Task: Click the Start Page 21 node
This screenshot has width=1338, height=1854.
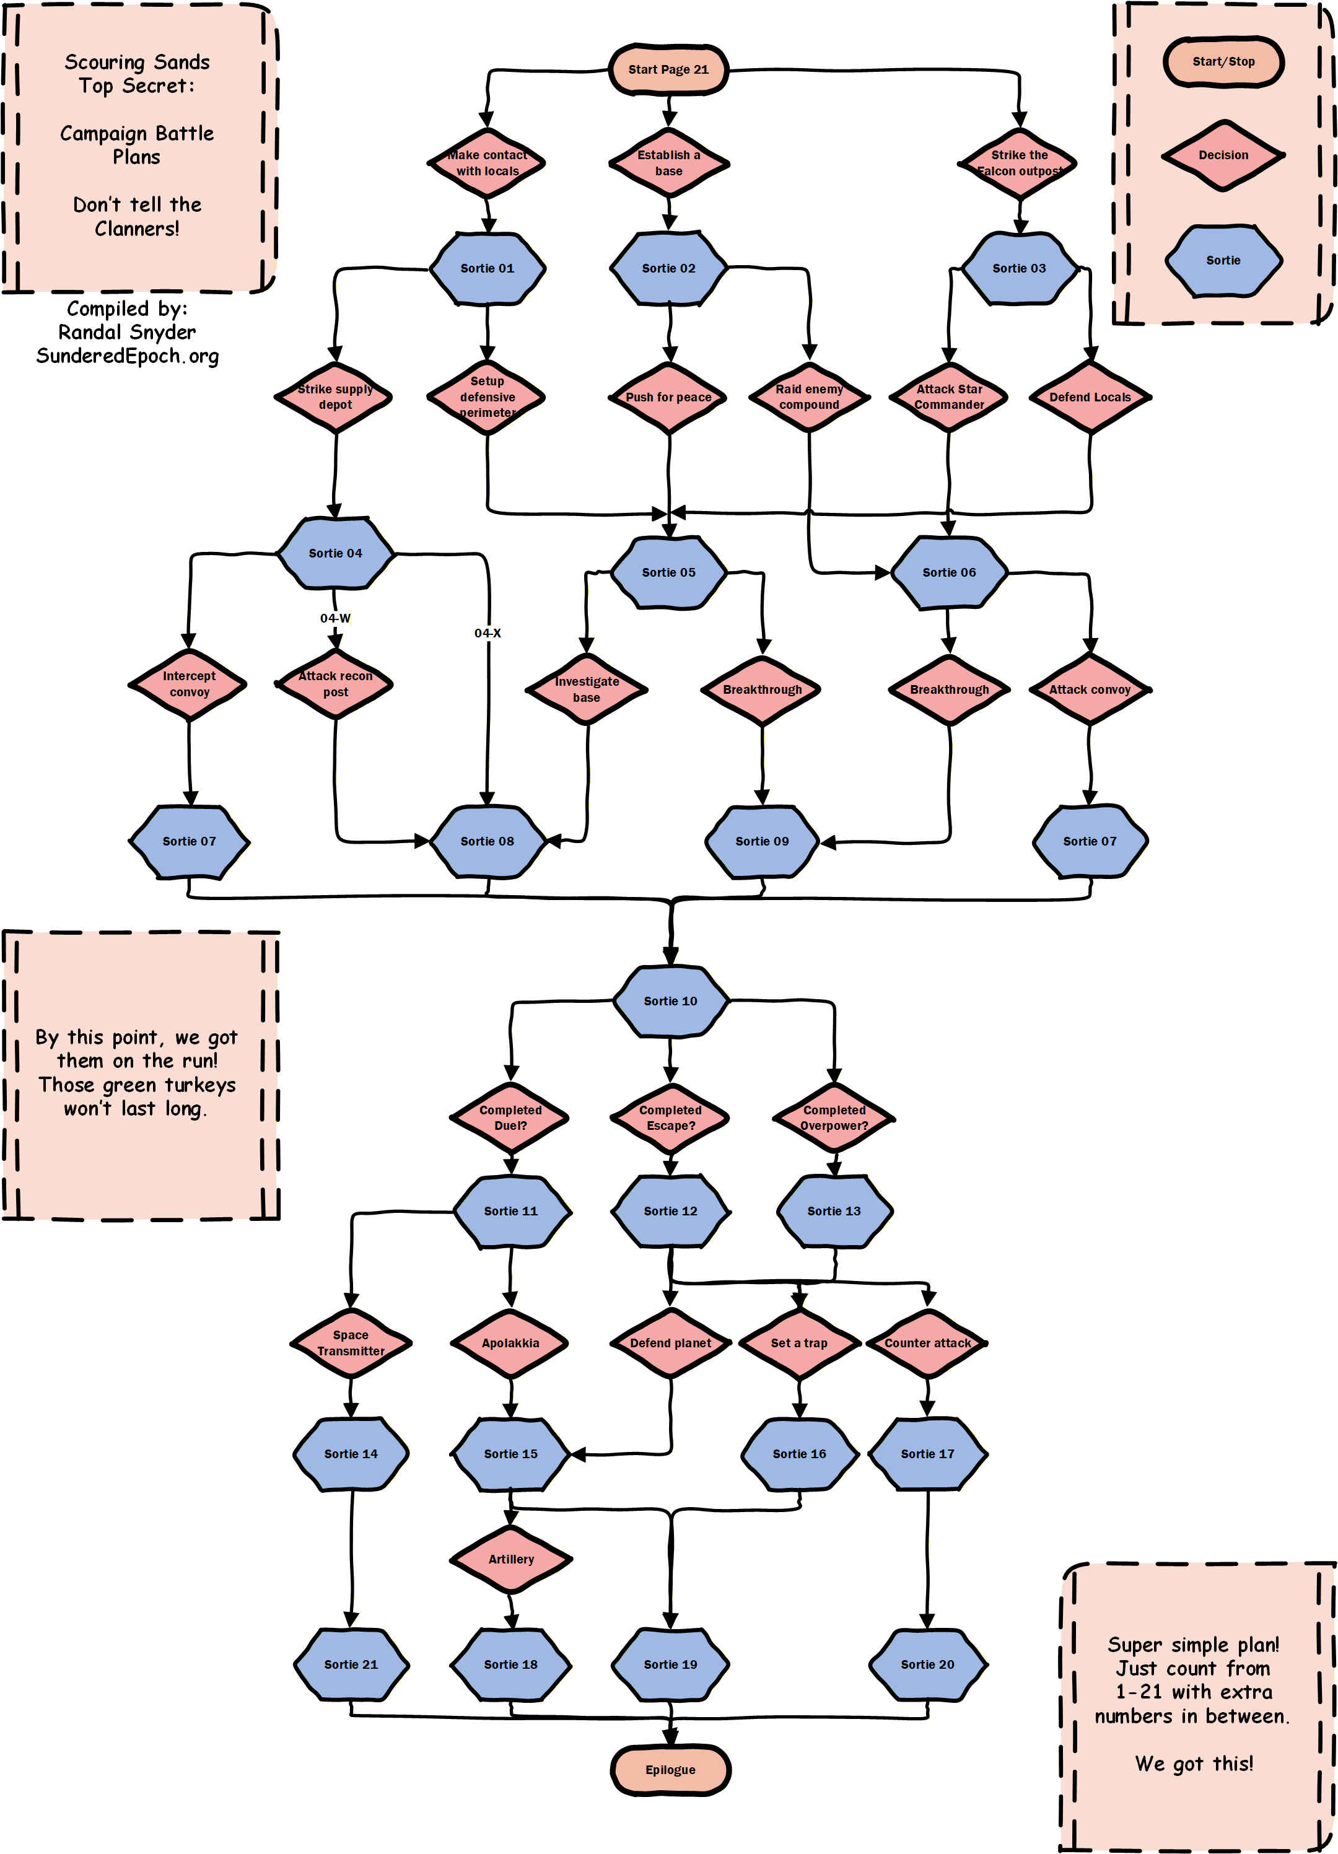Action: [x=668, y=69]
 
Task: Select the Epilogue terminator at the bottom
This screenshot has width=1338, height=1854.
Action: [x=670, y=1770]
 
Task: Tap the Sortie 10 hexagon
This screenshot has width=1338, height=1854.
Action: [x=670, y=1000]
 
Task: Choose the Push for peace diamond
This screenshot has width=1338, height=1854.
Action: [x=668, y=397]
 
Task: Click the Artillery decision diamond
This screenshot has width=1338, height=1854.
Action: [x=511, y=1559]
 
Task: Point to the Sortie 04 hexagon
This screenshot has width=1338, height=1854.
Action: [x=335, y=553]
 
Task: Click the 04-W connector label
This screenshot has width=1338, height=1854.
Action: [x=335, y=618]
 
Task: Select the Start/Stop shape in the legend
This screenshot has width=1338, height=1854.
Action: [x=1223, y=61]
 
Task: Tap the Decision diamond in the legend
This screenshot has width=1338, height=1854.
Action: [x=1223, y=155]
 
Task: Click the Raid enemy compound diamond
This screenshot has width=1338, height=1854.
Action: [x=809, y=397]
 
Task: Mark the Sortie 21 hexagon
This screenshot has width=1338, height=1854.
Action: [x=351, y=1664]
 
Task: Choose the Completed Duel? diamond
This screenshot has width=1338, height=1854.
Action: [x=511, y=1117]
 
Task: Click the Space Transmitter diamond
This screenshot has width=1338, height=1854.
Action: [x=351, y=1342]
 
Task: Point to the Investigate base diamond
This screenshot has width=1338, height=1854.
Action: [x=586, y=689]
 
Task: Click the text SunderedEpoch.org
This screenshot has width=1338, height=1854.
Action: [x=128, y=356]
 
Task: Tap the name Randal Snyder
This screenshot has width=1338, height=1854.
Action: [x=128, y=332]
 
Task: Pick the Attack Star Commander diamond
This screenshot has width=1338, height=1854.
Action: [x=949, y=397]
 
